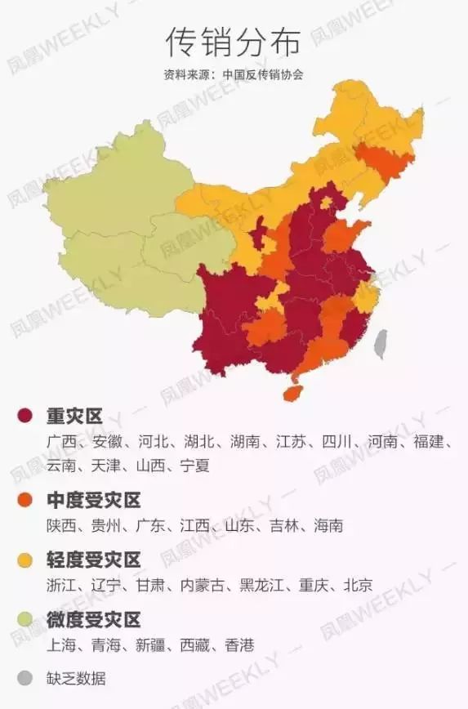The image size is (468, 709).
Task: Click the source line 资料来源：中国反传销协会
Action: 234,74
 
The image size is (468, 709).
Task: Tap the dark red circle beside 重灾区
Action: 25,417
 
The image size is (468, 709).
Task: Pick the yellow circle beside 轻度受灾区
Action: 25,560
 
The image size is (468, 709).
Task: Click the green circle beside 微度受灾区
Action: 25,619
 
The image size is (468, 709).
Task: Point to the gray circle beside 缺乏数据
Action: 25,678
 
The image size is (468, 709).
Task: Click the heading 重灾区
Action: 74,417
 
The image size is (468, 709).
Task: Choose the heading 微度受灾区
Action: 94,619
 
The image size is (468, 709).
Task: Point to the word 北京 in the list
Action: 358,585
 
